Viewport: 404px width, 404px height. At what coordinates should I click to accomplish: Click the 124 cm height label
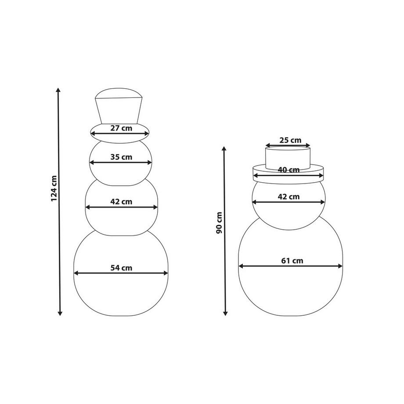(x=54, y=188)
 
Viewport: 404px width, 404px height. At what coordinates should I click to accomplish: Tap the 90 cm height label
(x=219, y=223)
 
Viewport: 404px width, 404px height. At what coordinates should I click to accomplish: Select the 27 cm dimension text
(x=121, y=128)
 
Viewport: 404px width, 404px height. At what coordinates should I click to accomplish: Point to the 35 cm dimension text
(x=121, y=157)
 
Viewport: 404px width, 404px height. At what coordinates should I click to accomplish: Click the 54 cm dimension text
(x=121, y=268)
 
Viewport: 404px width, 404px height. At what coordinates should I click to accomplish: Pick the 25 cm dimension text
(x=290, y=140)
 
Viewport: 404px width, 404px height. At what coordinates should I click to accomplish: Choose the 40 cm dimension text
(x=289, y=170)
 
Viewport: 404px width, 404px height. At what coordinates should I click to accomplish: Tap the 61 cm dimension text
(x=292, y=261)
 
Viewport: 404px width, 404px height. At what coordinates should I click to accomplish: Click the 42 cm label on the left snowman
(x=121, y=202)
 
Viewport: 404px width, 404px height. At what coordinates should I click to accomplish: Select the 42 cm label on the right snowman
(x=289, y=197)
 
